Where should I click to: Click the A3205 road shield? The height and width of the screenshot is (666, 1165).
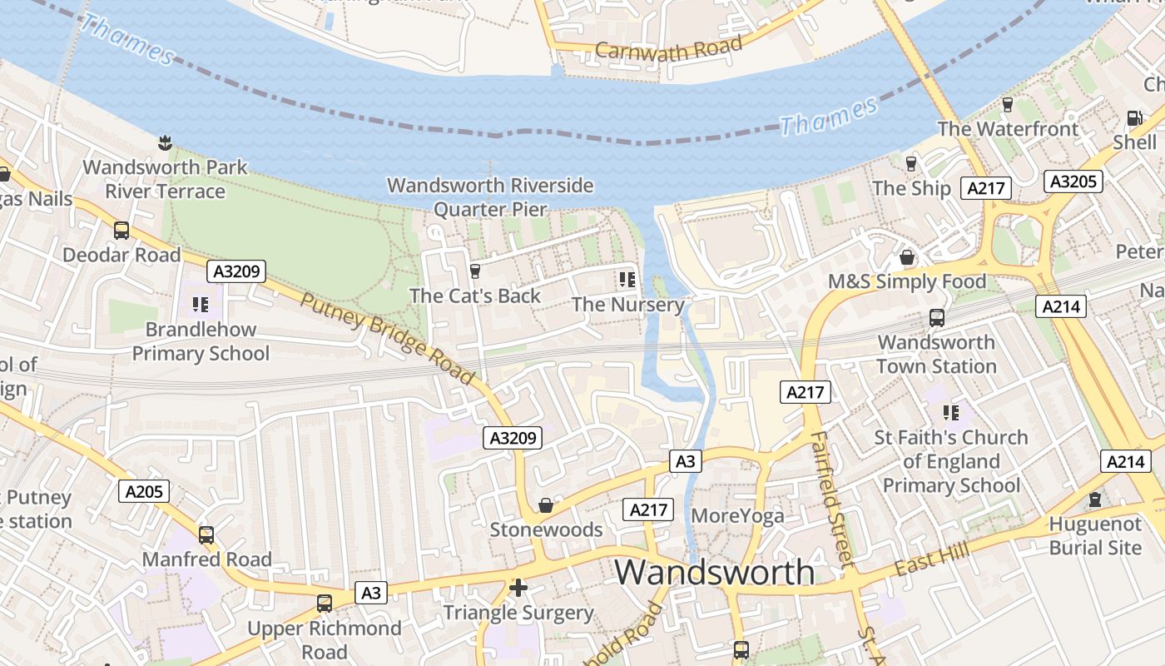tap(1073, 181)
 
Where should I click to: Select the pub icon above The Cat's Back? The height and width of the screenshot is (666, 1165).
tap(475, 271)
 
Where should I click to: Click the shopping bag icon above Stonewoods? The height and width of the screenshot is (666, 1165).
tap(546, 505)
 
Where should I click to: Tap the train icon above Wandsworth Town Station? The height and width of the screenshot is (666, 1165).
tap(936, 317)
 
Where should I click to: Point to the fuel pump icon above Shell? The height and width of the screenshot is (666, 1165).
tap(1133, 118)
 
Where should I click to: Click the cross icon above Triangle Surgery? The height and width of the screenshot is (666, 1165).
tap(518, 589)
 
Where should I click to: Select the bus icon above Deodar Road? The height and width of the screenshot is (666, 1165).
tap(121, 230)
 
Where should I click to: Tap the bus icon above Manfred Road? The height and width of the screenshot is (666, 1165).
tap(206, 534)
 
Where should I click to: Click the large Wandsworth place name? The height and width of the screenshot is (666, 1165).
tap(715, 572)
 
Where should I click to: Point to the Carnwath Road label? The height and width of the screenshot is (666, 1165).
tap(668, 49)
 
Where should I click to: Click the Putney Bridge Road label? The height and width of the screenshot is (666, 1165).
tap(388, 339)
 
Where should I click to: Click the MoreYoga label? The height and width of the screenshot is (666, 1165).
tap(737, 515)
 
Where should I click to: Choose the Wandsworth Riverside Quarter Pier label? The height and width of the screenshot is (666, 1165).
tap(490, 196)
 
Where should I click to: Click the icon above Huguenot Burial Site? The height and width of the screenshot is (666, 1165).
tap(1095, 499)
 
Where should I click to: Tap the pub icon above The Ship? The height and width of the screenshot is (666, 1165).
tap(911, 163)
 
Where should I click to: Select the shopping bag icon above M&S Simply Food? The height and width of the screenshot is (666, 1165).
tap(907, 257)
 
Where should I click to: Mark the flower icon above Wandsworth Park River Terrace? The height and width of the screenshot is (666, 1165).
tap(165, 142)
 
